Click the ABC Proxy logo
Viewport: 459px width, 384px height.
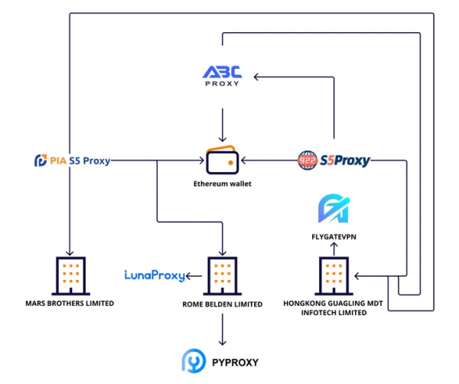click(x=222, y=76)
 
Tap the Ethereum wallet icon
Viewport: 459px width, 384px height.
click(x=223, y=161)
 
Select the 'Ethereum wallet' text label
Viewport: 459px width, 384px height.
click(x=223, y=184)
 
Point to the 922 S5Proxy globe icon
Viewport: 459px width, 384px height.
click(x=308, y=160)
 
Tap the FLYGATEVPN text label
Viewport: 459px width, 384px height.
click(x=334, y=237)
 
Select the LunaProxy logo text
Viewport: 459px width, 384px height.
click(x=155, y=275)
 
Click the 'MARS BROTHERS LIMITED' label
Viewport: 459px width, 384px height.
click(x=70, y=304)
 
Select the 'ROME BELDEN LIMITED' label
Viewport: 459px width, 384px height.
click(x=223, y=304)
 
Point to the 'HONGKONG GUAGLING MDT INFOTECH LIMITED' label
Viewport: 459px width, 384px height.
click(x=334, y=308)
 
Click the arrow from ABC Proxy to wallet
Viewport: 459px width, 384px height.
click(x=222, y=122)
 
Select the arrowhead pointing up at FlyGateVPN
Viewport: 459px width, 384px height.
click(x=334, y=247)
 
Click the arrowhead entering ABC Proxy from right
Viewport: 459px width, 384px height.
click(x=258, y=76)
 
